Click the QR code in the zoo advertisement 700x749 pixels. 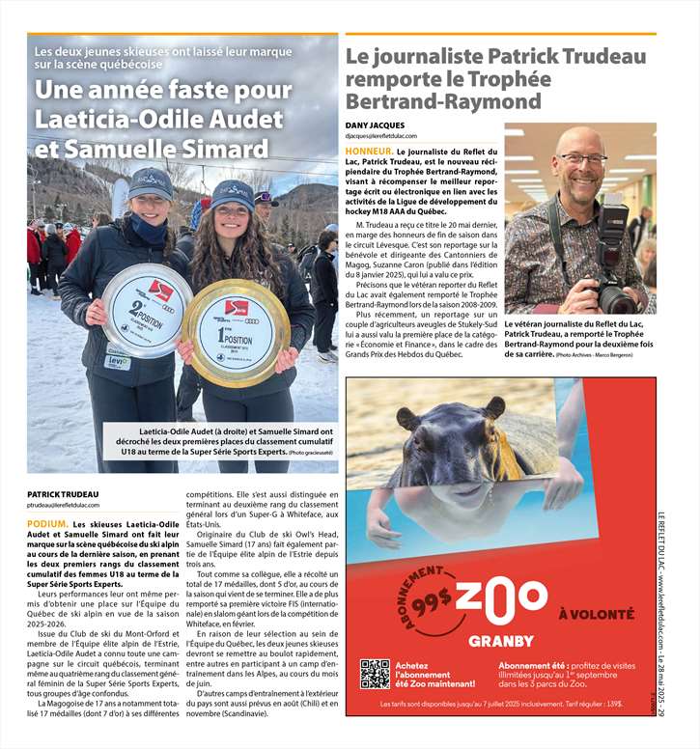coord(375,673)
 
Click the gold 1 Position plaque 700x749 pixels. coord(236,332)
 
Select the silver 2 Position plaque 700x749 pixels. coord(147,311)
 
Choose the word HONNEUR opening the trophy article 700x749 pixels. coord(369,152)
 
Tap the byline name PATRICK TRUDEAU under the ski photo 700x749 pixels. coord(64,493)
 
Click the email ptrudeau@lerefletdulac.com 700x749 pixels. coord(76,505)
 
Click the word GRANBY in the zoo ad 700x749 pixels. coord(500,641)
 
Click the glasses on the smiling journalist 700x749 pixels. coord(582,159)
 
